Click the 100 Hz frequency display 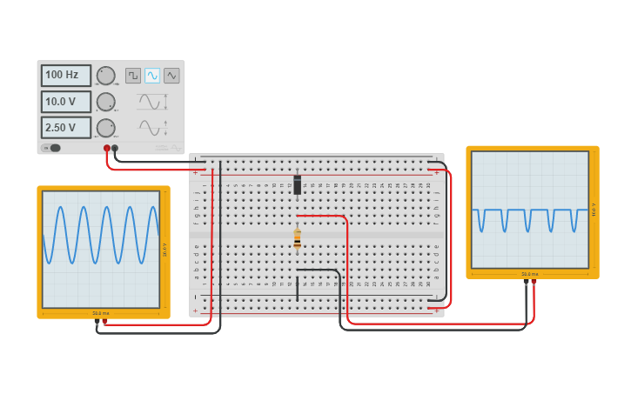click(65, 76)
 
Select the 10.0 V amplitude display click(65, 102)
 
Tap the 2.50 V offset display click(65, 128)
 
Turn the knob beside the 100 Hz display click(105, 76)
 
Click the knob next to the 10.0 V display click(105, 102)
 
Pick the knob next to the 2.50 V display click(105, 128)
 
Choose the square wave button click(133, 76)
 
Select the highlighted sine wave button click(152, 76)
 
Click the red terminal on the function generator click(107, 148)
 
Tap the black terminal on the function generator click(115, 148)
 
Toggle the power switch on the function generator click(54, 148)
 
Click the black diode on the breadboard click(298, 184)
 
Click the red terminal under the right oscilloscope click(534, 282)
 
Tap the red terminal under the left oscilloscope click(105, 321)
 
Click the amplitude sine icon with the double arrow click(152, 102)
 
